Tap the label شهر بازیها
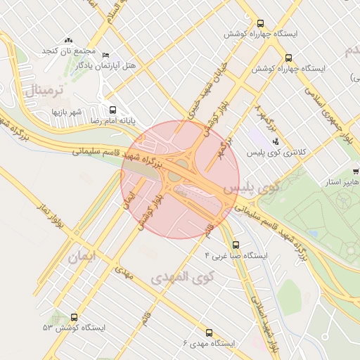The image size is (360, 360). [67, 112]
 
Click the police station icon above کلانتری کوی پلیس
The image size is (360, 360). [275, 140]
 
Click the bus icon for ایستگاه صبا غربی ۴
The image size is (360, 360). [235, 245]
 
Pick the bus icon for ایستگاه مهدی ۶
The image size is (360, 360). [209, 332]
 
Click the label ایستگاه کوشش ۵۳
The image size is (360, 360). [74, 328]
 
